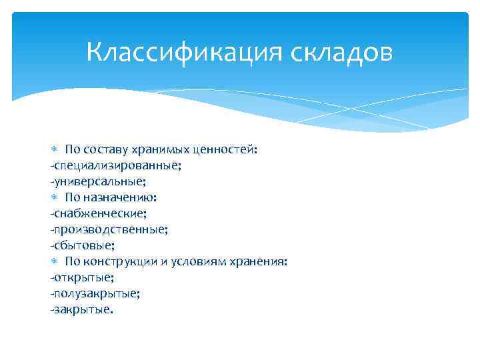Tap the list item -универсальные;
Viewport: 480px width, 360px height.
(98, 181)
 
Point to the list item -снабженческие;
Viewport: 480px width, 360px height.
(98, 213)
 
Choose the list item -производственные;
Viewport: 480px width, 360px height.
(109, 229)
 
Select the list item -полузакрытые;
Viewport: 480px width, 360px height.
(94, 293)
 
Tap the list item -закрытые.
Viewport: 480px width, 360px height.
(82, 309)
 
